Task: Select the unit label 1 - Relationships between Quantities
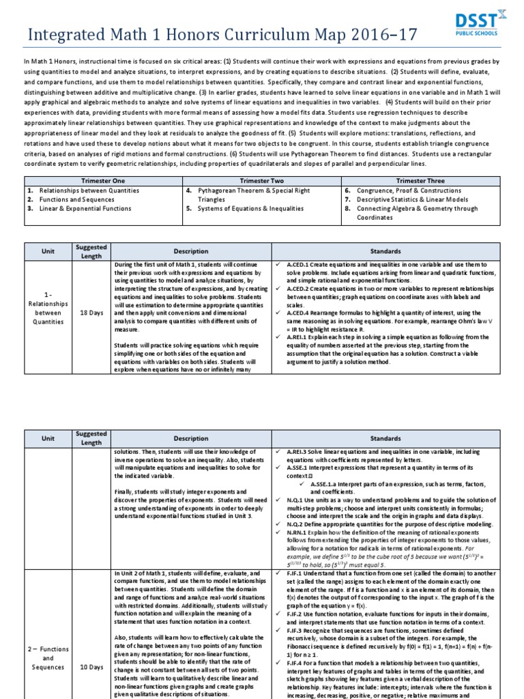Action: (x=48, y=313)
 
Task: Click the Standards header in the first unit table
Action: (x=385, y=251)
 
